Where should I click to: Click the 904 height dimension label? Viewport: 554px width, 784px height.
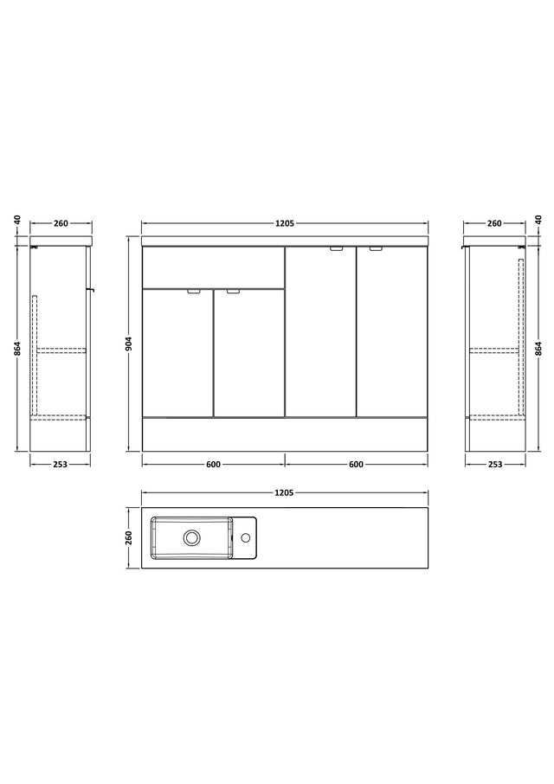(x=129, y=344)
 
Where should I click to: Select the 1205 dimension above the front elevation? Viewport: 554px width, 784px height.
(x=285, y=223)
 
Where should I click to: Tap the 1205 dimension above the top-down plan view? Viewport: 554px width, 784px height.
(x=284, y=493)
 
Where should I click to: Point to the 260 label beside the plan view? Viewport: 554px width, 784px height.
(x=129, y=538)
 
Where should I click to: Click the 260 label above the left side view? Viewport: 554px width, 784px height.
(x=61, y=223)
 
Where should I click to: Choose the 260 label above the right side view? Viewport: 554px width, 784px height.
(x=494, y=223)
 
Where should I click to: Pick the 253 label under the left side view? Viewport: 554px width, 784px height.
(x=60, y=465)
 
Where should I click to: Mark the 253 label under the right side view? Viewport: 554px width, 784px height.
(x=494, y=465)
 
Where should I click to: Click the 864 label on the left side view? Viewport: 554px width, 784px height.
(x=17, y=349)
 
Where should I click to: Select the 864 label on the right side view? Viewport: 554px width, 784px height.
(x=538, y=349)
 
